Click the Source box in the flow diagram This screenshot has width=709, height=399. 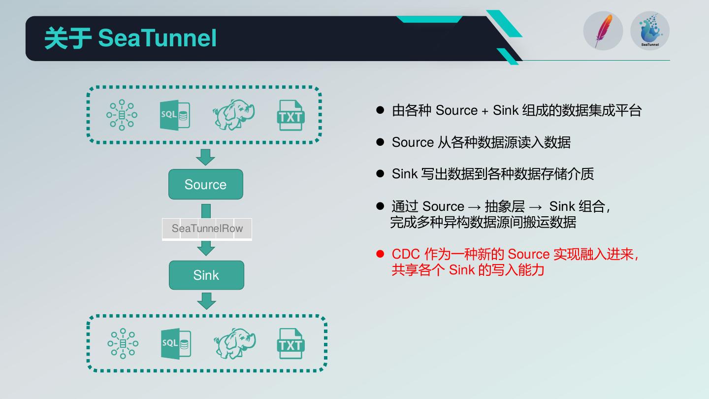point(206,184)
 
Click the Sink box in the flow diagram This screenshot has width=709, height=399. point(206,275)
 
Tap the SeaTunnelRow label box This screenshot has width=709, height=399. point(207,229)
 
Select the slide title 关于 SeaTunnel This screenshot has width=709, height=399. point(130,38)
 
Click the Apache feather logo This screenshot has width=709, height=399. point(603,31)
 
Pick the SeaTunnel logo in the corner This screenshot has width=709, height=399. point(650,31)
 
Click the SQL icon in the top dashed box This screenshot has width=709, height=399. point(175,115)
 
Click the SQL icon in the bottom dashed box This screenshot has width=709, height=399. point(176,344)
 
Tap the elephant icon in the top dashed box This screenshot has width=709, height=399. point(233,115)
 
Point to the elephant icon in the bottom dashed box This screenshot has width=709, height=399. point(234,344)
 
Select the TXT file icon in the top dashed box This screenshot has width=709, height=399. point(291,116)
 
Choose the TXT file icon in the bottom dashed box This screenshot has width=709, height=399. point(291,344)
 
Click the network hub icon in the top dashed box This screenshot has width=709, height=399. point(122,115)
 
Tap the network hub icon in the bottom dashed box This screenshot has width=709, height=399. point(123,344)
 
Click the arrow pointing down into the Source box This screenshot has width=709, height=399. point(205,157)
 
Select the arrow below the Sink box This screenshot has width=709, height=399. point(206,301)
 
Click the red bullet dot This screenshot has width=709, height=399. point(380,254)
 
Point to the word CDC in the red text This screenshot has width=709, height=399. point(406,254)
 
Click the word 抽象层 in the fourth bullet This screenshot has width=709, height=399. point(505,206)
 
